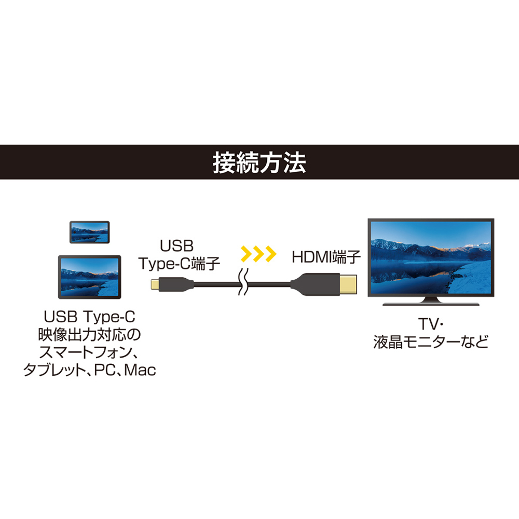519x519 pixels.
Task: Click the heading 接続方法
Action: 259,162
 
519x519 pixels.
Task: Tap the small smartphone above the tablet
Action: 89,232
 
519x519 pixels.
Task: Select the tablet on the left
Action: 89,277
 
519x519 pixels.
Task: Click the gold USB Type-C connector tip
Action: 155,284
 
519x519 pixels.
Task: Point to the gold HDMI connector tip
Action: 348,284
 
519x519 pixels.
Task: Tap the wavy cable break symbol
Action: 243,282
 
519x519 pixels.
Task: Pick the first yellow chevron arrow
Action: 247,254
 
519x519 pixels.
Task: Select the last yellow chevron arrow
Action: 270,254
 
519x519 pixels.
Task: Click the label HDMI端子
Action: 326,257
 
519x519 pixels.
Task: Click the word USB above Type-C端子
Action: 176,246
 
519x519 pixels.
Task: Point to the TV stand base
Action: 431,303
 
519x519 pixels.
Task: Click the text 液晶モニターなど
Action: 431,342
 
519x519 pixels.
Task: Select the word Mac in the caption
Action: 140,370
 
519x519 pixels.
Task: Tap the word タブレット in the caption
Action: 55,370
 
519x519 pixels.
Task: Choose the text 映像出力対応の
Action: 89,335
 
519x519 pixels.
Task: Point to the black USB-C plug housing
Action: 176,284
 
